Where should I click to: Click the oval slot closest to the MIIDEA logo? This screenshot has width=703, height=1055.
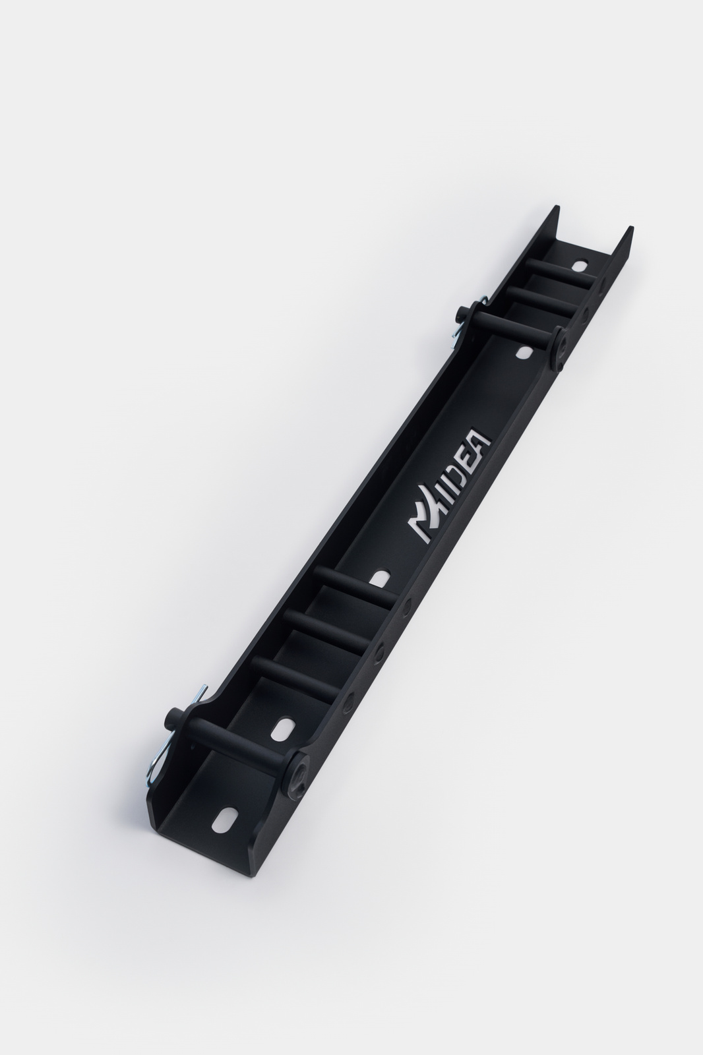click(382, 578)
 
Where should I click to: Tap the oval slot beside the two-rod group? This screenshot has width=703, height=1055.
click(580, 264)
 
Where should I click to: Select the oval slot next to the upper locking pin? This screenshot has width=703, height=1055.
click(524, 352)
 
